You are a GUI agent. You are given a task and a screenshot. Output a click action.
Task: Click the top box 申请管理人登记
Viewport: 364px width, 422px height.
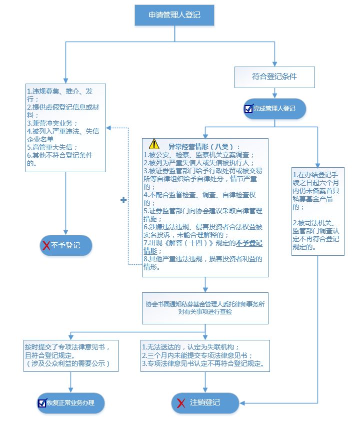[174, 15]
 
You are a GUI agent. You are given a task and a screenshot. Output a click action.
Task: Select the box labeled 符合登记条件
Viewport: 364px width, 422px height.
[274, 77]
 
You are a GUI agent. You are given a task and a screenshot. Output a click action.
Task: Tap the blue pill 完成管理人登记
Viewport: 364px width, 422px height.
[274, 109]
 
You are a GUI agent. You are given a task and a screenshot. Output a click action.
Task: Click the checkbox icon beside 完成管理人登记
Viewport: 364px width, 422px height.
[248, 109]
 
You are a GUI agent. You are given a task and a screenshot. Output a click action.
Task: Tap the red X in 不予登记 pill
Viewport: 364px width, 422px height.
[46, 245]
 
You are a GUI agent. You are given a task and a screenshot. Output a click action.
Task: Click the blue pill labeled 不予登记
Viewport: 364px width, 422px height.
[66, 245]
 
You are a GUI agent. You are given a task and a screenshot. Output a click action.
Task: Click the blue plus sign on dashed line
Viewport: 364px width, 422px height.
[123, 200]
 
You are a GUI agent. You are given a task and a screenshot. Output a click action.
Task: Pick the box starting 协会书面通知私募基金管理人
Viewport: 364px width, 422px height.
[205, 307]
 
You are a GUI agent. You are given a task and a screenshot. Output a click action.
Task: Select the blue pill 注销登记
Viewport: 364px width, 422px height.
[205, 402]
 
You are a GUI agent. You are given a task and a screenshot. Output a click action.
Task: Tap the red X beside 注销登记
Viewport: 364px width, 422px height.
[181, 402]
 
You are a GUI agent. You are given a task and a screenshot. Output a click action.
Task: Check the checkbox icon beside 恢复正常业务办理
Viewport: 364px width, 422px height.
[42, 402]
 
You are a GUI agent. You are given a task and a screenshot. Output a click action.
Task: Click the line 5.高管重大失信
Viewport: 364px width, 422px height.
[52, 147]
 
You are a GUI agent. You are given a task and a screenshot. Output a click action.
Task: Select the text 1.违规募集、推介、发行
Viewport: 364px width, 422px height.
[60, 95]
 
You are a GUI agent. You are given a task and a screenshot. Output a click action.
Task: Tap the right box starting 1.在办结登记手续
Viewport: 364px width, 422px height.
[318, 210]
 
